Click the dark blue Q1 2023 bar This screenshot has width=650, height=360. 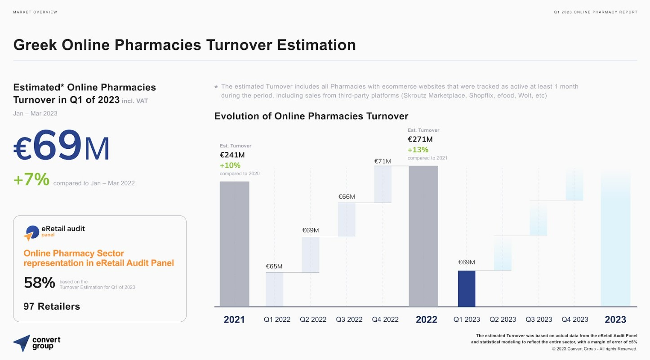(x=467, y=289)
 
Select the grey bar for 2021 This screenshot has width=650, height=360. (x=235, y=244)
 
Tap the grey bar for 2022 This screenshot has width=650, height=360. (x=423, y=236)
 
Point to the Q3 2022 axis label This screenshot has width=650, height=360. (x=349, y=320)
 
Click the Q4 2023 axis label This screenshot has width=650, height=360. (x=575, y=320)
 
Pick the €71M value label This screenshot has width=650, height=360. (x=383, y=161)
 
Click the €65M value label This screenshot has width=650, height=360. (x=274, y=267)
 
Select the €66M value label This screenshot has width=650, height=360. (x=347, y=197)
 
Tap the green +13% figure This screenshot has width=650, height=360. (x=418, y=150)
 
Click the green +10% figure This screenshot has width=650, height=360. (x=230, y=165)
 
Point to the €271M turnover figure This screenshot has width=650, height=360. (x=420, y=139)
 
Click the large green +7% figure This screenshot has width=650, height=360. (x=31, y=179)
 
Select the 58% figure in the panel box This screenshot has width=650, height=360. (x=40, y=283)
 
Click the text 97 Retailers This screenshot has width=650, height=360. (x=52, y=307)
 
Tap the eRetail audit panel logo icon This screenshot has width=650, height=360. (x=31, y=233)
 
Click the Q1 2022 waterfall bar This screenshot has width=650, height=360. (x=275, y=289)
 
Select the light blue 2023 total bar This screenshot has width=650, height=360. (x=615, y=239)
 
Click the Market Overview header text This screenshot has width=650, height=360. (x=35, y=12)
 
